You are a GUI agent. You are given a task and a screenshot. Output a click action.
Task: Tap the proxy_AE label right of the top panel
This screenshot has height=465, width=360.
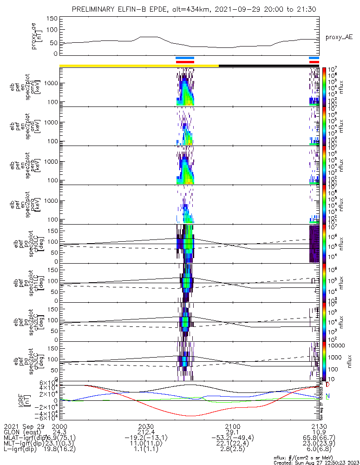click(339, 37)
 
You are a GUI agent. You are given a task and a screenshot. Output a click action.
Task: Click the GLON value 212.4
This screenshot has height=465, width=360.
click(146, 432)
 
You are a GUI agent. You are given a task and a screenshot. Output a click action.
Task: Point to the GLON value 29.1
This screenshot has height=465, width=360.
click(233, 432)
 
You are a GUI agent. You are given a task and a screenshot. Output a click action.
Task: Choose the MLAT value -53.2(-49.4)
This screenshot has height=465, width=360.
click(233, 438)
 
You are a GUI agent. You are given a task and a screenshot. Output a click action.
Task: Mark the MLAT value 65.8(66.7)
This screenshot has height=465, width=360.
click(320, 438)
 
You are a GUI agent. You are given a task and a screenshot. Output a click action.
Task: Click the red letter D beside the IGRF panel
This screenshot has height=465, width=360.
click(327, 385)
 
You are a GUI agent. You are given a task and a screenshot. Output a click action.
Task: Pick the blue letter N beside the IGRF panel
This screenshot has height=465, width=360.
click(327, 396)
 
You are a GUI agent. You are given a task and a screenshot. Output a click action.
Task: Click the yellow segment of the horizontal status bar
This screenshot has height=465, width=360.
click(139, 66)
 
